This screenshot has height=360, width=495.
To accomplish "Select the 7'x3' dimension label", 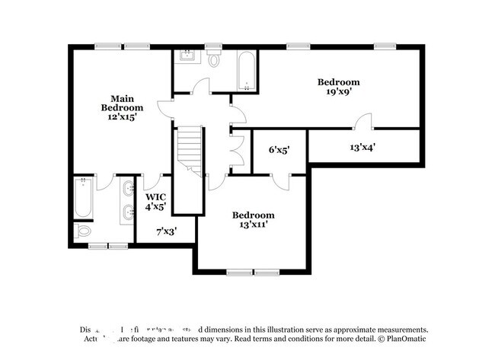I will click(166, 231).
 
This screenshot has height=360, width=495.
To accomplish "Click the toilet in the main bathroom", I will click(84, 230).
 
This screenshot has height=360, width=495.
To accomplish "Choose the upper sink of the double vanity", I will click(128, 189).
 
